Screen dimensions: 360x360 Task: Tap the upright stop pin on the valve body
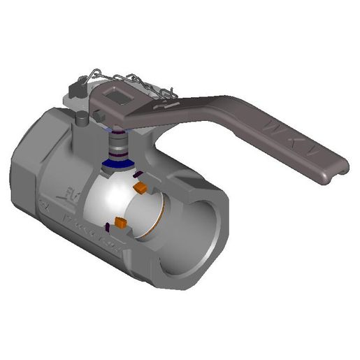(82, 120)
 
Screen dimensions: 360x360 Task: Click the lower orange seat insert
(120, 224)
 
